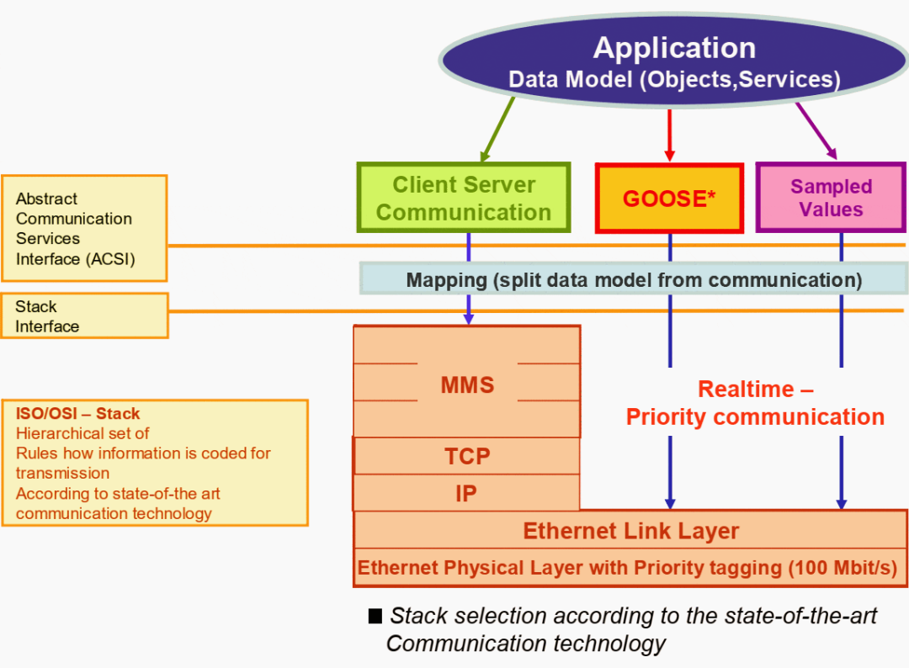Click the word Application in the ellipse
tap(674, 48)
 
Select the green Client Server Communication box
tap(464, 198)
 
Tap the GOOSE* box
tap(669, 199)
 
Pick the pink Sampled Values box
tap(831, 198)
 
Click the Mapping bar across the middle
tap(634, 279)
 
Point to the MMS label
tap(467, 385)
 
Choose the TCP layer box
tap(467, 456)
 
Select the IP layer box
tap(466, 494)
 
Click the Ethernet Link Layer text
tap(630, 531)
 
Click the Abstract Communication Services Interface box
tap(84, 228)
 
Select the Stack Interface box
tap(84, 315)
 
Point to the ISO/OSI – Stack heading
tap(78, 413)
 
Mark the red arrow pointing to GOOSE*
tap(670, 135)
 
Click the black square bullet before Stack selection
tap(375, 616)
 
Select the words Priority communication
tap(755, 417)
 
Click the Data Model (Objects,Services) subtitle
tap(674, 80)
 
